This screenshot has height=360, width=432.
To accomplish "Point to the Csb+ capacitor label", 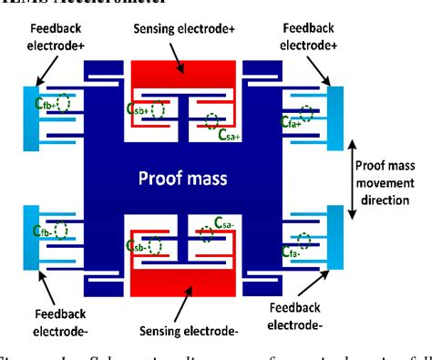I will point(137,108).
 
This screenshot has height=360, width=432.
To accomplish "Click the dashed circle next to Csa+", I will point(212,119).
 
